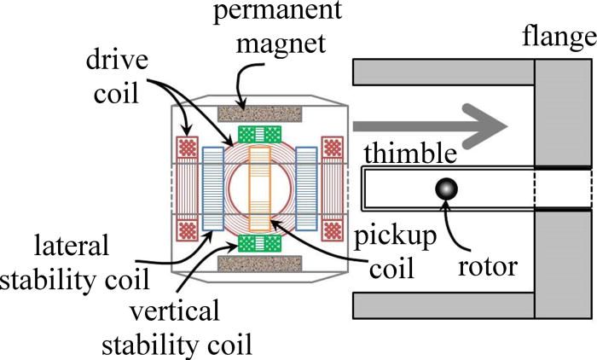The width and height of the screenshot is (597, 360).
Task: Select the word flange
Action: pyautogui.click(x=561, y=38)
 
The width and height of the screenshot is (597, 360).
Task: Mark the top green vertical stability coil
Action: pyautogui.click(x=258, y=134)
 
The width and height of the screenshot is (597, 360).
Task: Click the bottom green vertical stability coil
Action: pyautogui.click(x=258, y=242)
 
